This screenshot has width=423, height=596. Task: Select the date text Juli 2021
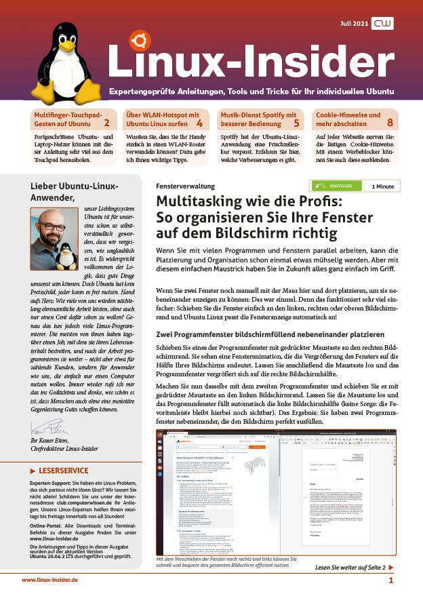[354, 24]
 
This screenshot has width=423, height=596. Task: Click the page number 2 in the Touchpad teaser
[106, 123]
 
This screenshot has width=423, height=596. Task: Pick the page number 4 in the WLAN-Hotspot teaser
[199, 123]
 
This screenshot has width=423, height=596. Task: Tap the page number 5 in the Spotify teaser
[296, 123]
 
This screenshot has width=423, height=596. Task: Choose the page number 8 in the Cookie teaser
[390, 123]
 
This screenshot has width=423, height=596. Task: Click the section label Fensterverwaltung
[185, 186]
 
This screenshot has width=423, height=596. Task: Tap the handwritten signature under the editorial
[47, 429]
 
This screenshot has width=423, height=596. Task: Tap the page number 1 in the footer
[391, 580]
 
